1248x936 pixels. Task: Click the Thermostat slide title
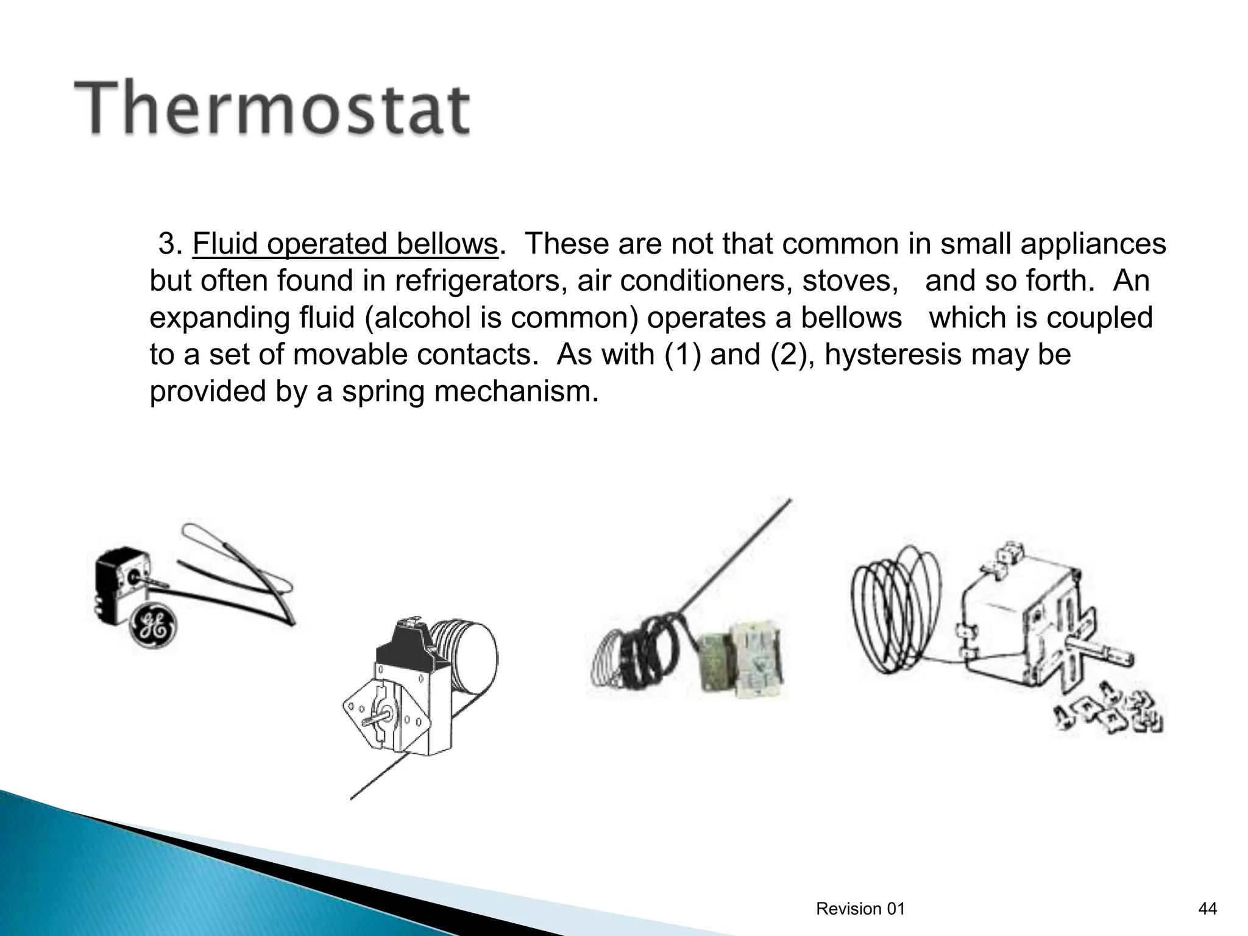coord(272,110)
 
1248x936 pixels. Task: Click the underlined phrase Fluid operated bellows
coord(345,244)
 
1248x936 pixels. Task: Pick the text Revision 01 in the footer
coord(860,909)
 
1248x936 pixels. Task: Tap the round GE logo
coord(154,626)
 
